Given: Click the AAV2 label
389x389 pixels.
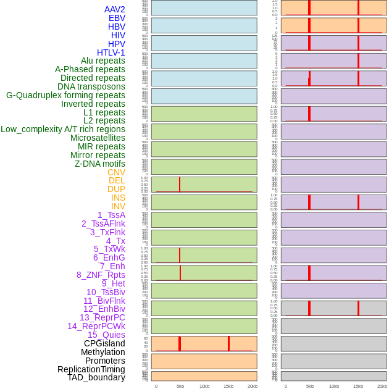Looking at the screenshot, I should pos(114,9).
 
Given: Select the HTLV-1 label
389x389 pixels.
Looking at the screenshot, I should pos(111,52).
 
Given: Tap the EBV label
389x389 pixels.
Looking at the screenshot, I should pos(117,18).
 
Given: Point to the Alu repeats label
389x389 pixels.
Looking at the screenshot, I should pos(102,61).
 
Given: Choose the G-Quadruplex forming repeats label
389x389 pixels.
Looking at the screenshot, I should pos(65,95).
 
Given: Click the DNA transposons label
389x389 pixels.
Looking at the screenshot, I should pos(91,86).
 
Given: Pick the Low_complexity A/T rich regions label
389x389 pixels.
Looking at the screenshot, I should pos(63,129).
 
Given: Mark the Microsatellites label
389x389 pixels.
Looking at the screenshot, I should pos(98,138).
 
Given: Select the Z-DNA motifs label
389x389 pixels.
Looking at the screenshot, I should pos(100,164).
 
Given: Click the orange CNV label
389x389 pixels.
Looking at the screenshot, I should pos(116,172).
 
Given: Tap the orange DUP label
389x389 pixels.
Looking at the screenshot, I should pos(116,189).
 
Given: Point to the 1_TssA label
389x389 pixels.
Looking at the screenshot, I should pos(111,215).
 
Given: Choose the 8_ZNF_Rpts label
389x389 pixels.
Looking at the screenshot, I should pos(101,275).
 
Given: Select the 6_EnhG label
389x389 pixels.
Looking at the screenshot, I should pos(109,257).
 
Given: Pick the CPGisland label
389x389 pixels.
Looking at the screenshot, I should pos(104,343).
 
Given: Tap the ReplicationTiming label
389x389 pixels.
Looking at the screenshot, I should pos(91,369).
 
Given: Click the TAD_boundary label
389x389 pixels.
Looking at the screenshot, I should pos(96,377).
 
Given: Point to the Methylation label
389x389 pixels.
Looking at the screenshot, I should pos(102,352).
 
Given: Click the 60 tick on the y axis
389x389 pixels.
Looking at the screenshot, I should pos(146,338).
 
